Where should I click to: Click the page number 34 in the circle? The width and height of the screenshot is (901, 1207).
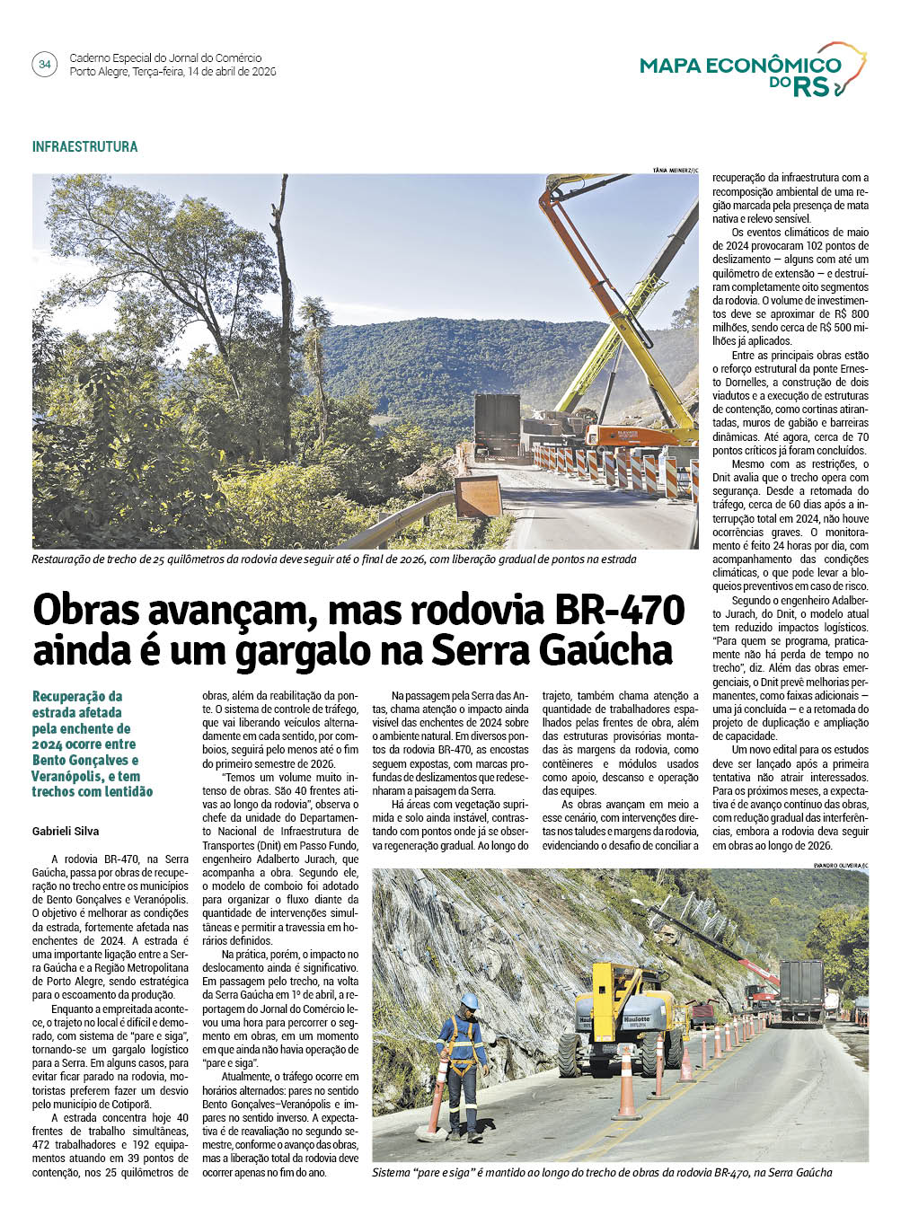point(44,65)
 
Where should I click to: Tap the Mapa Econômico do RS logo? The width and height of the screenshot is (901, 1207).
point(753,70)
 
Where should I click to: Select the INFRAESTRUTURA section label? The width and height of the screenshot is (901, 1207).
point(85,146)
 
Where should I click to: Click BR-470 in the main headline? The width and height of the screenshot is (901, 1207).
point(620,611)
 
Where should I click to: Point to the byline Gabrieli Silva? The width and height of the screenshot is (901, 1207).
point(66,832)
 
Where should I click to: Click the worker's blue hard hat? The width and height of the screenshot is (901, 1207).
point(469,1000)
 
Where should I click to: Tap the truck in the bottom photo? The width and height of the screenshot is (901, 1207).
point(800,991)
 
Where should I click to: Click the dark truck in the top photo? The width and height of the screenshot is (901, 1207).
point(497,425)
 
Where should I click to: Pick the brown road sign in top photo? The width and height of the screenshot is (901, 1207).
point(478,497)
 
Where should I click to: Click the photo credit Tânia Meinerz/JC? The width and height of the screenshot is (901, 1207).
point(675,170)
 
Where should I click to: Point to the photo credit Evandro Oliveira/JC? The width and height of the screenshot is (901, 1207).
point(840,865)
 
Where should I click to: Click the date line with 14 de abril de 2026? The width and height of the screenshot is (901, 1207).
point(172,72)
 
